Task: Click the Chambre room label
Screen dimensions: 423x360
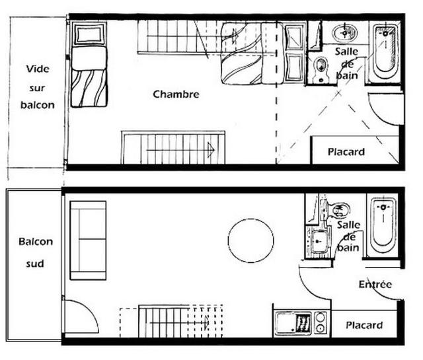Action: [176, 94]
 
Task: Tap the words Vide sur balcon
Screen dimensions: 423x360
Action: [38, 87]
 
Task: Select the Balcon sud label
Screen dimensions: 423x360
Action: [36, 252]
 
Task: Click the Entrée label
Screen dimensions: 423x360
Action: [375, 284]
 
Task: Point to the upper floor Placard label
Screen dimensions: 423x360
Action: [346, 151]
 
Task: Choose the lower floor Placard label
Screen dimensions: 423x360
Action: [364, 325]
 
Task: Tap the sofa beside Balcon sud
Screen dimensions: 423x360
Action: [88, 240]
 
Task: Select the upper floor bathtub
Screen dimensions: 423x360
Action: [385, 53]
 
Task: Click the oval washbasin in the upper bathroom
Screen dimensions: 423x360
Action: [345, 33]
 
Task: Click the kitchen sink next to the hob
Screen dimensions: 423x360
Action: [293, 323]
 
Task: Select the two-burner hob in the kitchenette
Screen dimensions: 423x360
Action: [320, 323]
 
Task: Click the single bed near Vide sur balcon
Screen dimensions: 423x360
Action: [89, 65]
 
